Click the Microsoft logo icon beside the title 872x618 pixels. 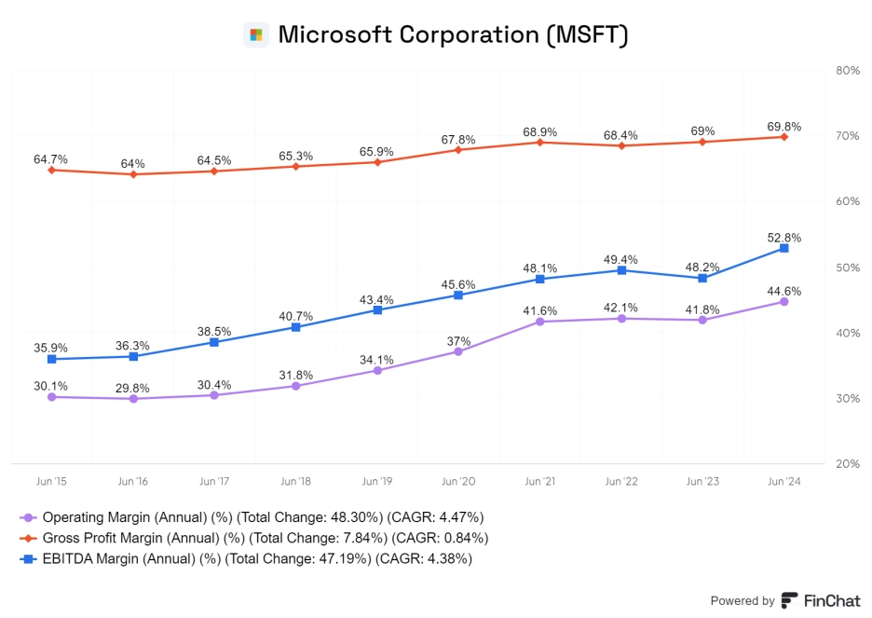click(256, 35)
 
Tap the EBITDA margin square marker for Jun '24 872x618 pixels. click(783, 248)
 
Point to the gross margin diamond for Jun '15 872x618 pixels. click(51, 170)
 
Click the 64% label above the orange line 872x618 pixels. click(132, 164)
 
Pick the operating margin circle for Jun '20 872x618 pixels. click(458, 351)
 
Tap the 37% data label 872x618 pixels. click(458, 341)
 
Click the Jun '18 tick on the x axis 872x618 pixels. click(295, 482)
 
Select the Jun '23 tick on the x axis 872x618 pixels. click(702, 482)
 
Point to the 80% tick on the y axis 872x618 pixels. click(848, 70)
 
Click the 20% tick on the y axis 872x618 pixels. click(848, 463)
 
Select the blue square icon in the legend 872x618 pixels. click(28, 558)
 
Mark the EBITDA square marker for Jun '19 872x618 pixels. click(377, 309)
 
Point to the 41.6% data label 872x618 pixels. click(540, 310)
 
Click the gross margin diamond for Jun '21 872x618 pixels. click(540, 142)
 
